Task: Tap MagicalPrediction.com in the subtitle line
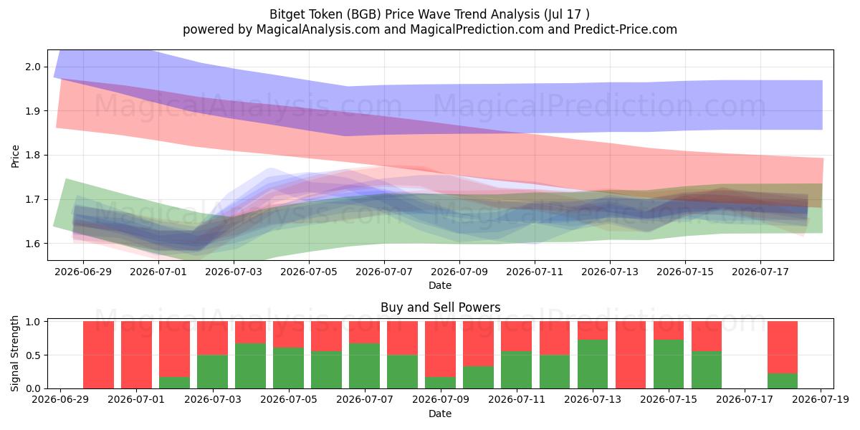click(x=477, y=29)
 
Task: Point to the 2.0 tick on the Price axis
click(x=33, y=67)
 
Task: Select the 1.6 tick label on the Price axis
click(x=33, y=244)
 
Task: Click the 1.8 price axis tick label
click(x=33, y=155)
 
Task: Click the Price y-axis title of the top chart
click(x=15, y=156)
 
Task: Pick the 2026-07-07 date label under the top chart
click(x=384, y=272)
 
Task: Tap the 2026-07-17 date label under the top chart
click(x=760, y=272)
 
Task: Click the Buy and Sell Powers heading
click(x=440, y=307)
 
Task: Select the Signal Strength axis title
click(x=14, y=353)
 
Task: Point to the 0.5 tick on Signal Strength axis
click(x=33, y=355)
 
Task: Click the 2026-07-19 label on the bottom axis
click(x=821, y=399)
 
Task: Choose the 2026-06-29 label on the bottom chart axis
click(x=60, y=399)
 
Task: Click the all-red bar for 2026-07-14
click(x=631, y=355)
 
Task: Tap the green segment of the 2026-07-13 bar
click(x=593, y=364)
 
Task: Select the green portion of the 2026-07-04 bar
click(x=250, y=365)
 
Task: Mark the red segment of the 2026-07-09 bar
click(x=440, y=349)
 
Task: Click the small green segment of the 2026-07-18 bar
click(x=783, y=381)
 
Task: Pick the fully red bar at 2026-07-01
click(x=136, y=355)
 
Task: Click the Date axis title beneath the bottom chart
click(x=440, y=414)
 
